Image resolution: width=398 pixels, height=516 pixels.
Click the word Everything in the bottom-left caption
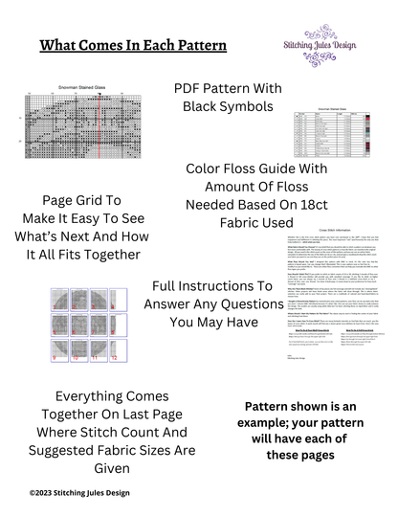pyautogui.click(x=85, y=396)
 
